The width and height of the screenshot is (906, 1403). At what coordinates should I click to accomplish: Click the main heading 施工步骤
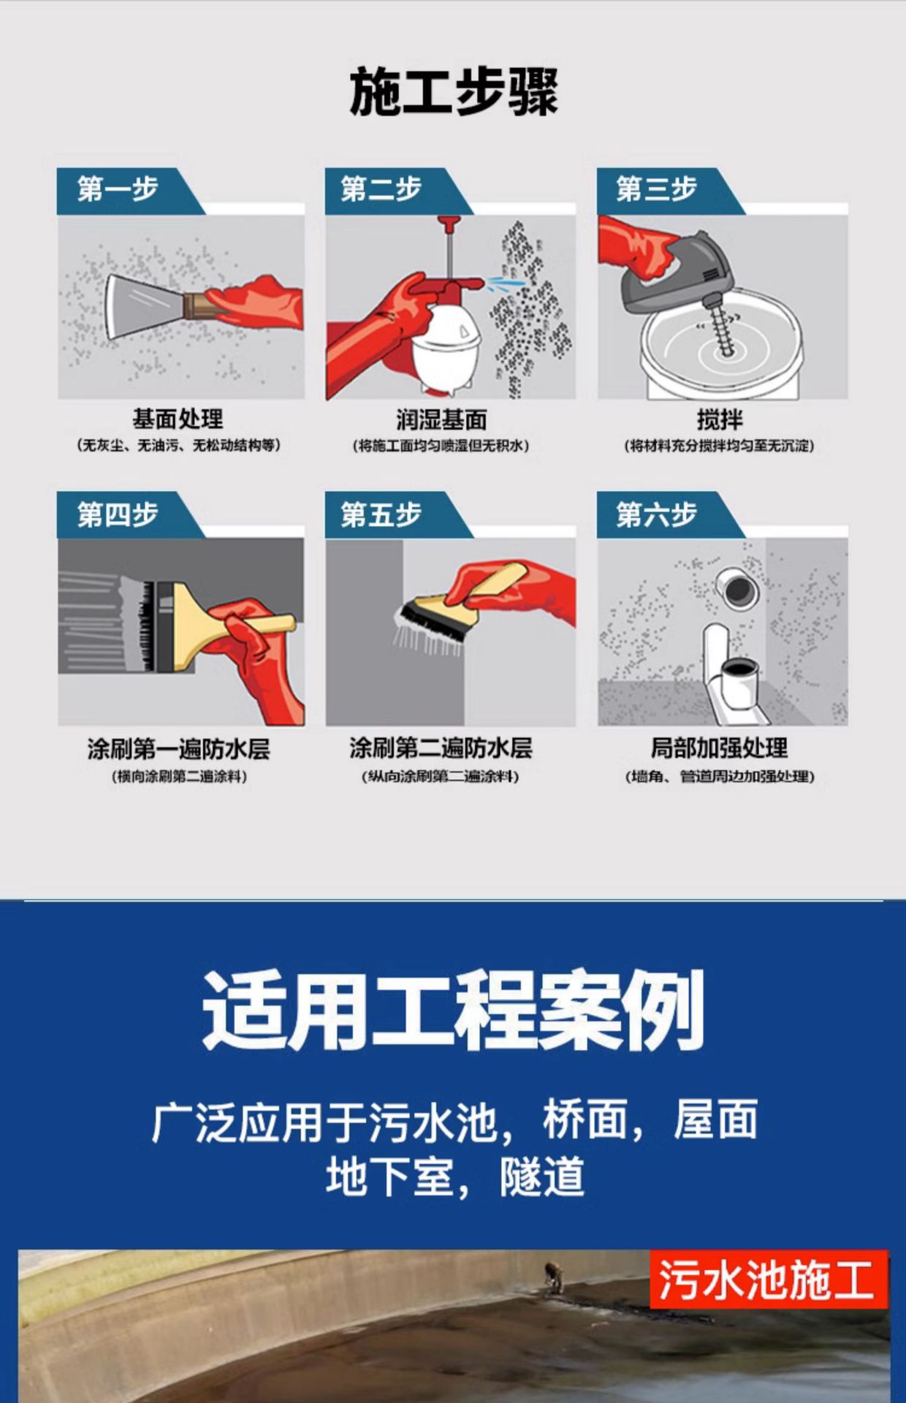pos(454,91)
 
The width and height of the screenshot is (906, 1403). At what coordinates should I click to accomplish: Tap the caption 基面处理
pos(178,419)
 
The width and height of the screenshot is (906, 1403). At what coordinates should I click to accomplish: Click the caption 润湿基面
pos(441,419)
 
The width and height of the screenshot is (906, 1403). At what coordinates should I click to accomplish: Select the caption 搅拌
pos(720,419)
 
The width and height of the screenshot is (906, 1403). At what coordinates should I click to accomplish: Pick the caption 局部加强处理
pos(720,748)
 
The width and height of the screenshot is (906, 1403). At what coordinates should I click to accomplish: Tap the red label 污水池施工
pos(768,1280)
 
